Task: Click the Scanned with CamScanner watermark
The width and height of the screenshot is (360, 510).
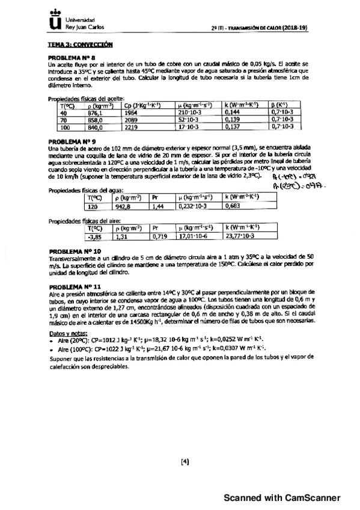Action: point(282,497)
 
